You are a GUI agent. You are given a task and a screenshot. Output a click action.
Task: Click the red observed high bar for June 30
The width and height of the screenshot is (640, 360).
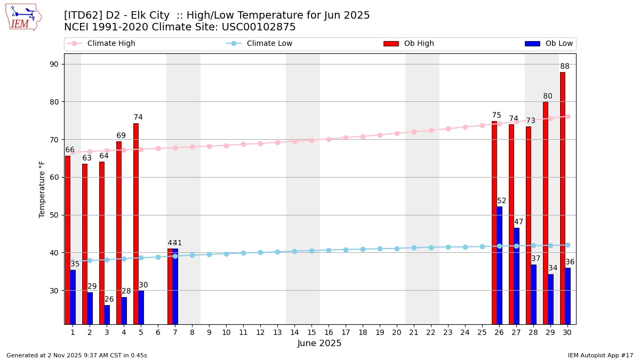563,197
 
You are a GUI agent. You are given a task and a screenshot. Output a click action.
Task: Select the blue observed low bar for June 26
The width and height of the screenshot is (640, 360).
499,265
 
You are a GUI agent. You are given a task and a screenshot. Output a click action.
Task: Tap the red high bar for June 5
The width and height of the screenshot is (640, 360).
136,224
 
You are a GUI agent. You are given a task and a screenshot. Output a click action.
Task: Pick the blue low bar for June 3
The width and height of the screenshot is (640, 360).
107,315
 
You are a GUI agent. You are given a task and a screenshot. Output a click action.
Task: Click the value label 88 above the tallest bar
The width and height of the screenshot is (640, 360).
565,67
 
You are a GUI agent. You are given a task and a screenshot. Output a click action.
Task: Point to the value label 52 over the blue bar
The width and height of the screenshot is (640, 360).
502,201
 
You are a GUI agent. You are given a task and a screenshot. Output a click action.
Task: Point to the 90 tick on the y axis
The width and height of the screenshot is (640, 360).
54,64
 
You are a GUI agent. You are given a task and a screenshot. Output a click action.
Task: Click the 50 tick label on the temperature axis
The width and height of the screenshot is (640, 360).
54,215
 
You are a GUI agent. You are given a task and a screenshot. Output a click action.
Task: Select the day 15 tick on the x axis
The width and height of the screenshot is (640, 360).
311,332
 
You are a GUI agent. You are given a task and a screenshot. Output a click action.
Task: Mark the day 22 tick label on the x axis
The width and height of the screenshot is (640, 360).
431,332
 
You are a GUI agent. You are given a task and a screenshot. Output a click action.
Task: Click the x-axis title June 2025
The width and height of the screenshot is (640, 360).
319,343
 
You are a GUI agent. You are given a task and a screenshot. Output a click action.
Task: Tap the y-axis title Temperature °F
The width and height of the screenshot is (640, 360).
42,189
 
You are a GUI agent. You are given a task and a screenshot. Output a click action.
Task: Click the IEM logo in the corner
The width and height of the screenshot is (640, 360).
23,17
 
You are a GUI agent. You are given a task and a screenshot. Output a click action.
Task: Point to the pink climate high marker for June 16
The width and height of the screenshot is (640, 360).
329,139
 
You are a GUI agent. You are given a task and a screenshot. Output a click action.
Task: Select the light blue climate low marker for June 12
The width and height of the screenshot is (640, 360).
260,252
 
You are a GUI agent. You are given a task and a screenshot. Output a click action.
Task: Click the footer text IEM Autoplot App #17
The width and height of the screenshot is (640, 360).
601,355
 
